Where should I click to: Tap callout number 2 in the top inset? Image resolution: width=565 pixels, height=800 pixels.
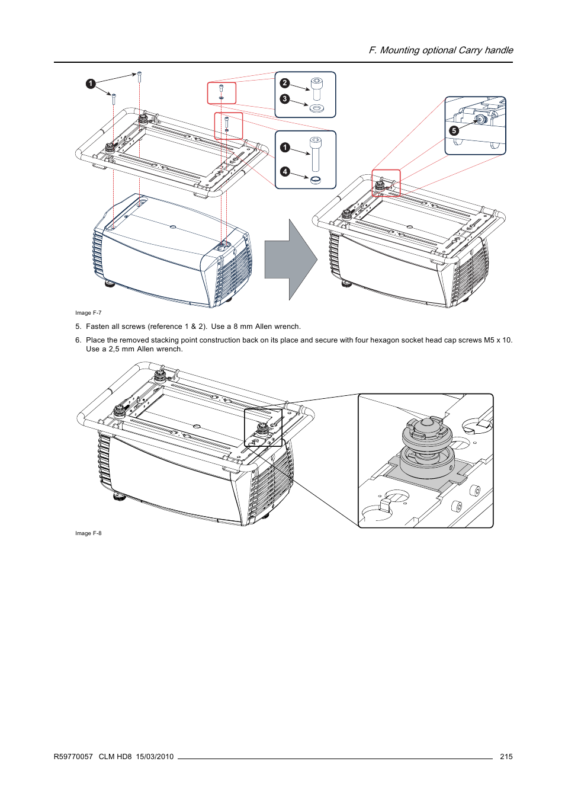tap(285, 83)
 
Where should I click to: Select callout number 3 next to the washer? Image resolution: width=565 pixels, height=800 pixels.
tap(285, 99)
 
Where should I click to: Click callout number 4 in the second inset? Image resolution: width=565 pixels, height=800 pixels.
tap(285, 172)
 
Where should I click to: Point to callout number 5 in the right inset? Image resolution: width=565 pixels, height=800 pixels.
tap(454, 130)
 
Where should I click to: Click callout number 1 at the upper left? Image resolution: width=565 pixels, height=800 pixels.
tap(90, 84)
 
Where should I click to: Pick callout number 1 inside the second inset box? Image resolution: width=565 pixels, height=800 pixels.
tap(285, 148)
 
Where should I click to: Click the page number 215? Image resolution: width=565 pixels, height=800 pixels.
tap(506, 757)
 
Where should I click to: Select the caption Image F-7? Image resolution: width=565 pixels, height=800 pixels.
tap(88, 313)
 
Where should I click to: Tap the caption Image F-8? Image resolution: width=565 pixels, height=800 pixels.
tap(88, 533)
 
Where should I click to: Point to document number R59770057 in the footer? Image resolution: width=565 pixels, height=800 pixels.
tap(73, 757)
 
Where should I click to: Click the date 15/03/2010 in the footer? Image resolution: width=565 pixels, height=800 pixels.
tap(155, 757)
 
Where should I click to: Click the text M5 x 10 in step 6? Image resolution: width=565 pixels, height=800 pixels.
tap(497, 340)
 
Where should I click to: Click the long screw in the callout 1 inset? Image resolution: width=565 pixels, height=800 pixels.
tap(316, 154)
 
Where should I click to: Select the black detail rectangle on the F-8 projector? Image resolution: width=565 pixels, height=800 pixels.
tap(264, 427)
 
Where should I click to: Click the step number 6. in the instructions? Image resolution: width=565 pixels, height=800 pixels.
tap(78, 340)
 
